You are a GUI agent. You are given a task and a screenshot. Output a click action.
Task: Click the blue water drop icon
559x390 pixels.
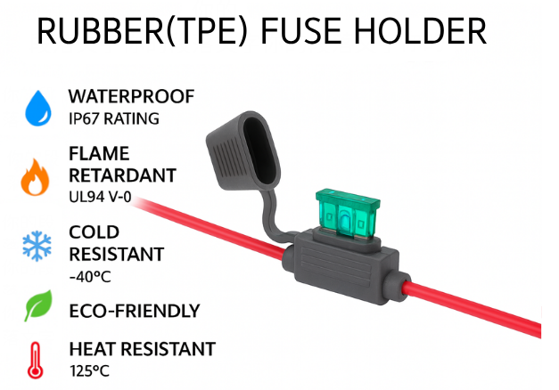pos(37,107)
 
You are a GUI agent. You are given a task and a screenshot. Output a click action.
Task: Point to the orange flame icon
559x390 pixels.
pos(37,175)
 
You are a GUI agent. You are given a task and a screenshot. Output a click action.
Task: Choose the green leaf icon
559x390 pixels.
pos(37,307)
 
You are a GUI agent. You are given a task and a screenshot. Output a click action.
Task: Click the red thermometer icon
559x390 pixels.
pos(37,357)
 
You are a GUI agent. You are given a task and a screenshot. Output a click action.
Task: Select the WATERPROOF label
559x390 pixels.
pos(131,96)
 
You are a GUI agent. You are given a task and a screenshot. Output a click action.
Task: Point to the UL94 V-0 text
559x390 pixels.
pos(101,197)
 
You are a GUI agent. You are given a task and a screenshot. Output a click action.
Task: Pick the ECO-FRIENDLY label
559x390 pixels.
pos(135,311)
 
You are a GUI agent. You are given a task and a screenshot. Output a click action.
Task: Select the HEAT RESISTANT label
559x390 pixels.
pos(142,348)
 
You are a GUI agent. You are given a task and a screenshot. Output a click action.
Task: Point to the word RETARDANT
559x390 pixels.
pos(122,175)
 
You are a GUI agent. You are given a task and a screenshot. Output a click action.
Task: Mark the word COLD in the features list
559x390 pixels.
pos(95,232)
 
